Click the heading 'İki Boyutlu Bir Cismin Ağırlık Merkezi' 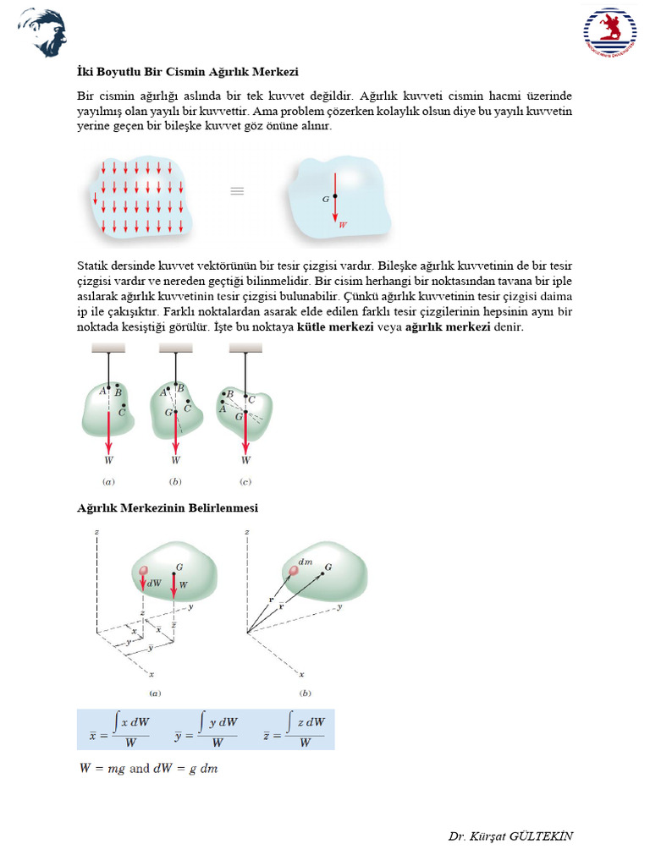187,72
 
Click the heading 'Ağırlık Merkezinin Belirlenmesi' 168,507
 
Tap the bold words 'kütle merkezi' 336,326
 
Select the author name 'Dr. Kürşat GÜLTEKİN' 510,836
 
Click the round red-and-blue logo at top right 609,33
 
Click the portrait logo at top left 41,32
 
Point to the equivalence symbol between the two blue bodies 238,192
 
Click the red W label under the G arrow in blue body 342,225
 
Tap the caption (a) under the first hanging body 108,482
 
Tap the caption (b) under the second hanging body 175,482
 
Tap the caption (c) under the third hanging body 245,482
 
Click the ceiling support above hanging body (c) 245,348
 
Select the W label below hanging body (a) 108,461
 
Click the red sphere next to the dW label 144,572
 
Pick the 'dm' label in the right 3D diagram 306,562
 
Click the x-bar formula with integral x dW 119,730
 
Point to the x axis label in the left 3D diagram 151,674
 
